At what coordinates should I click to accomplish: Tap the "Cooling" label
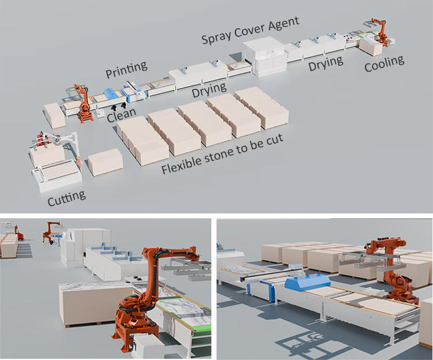[384, 64]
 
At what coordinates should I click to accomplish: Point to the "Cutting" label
[66, 197]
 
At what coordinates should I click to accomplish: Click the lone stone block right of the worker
[104, 161]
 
